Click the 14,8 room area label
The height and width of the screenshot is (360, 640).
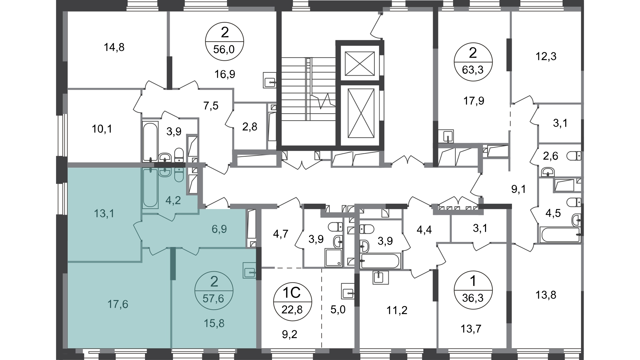[x=114, y=47]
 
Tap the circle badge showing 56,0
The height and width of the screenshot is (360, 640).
[x=225, y=41]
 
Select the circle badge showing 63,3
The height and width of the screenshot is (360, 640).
[x=473, y=62]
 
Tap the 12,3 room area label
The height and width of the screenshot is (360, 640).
[x=546, y=56]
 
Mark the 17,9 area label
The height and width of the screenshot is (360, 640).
[x=474, y=100]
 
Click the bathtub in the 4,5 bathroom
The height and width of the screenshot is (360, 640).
[x=560, y=235]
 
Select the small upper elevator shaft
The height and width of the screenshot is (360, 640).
[x=360, y=63]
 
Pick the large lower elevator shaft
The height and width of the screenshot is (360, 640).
[x=360, y=113]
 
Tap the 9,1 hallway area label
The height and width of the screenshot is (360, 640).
[x=518, y=189]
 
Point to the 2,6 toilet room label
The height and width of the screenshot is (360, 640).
[x=550, y=156]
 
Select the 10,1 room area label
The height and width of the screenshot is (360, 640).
[x=102, y=129]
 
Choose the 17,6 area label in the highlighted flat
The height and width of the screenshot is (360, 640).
[x=118, y=304]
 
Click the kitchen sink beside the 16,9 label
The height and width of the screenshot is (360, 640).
[x=270, y=80]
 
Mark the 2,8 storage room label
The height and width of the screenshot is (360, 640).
[x=250, y=127]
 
